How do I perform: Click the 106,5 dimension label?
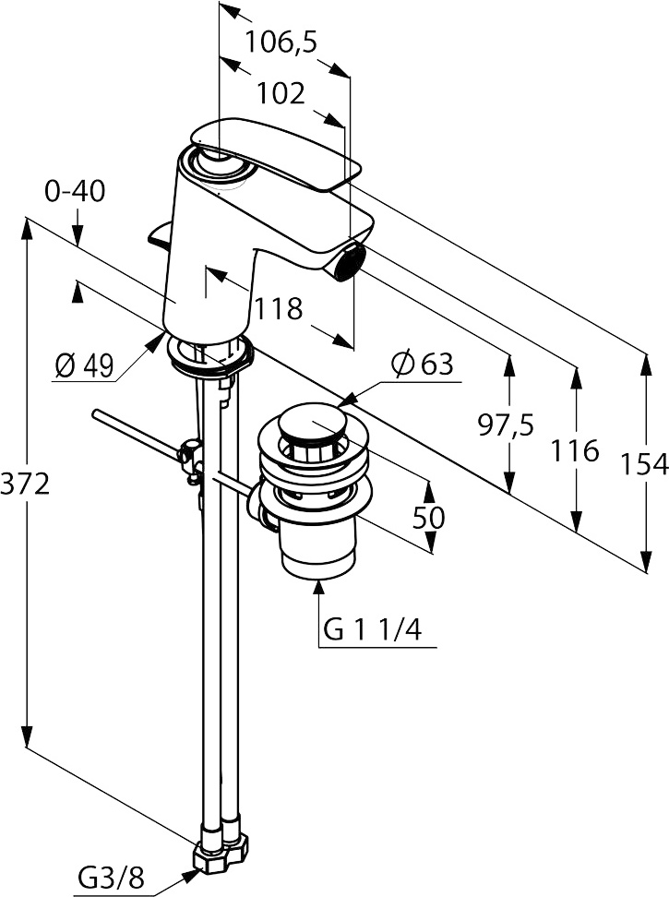(281, 42)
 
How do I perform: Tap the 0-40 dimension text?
(75, 192)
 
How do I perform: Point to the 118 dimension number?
(279, 308)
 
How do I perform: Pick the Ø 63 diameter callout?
(423, 365)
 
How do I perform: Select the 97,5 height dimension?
(506, 425)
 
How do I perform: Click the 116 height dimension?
(575, 450)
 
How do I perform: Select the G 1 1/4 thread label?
(373, 630)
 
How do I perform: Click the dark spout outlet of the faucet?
(349, 263)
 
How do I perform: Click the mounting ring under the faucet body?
(209, 355)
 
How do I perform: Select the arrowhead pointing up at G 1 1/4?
(320, 583)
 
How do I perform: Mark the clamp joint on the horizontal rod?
(191, 456)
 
